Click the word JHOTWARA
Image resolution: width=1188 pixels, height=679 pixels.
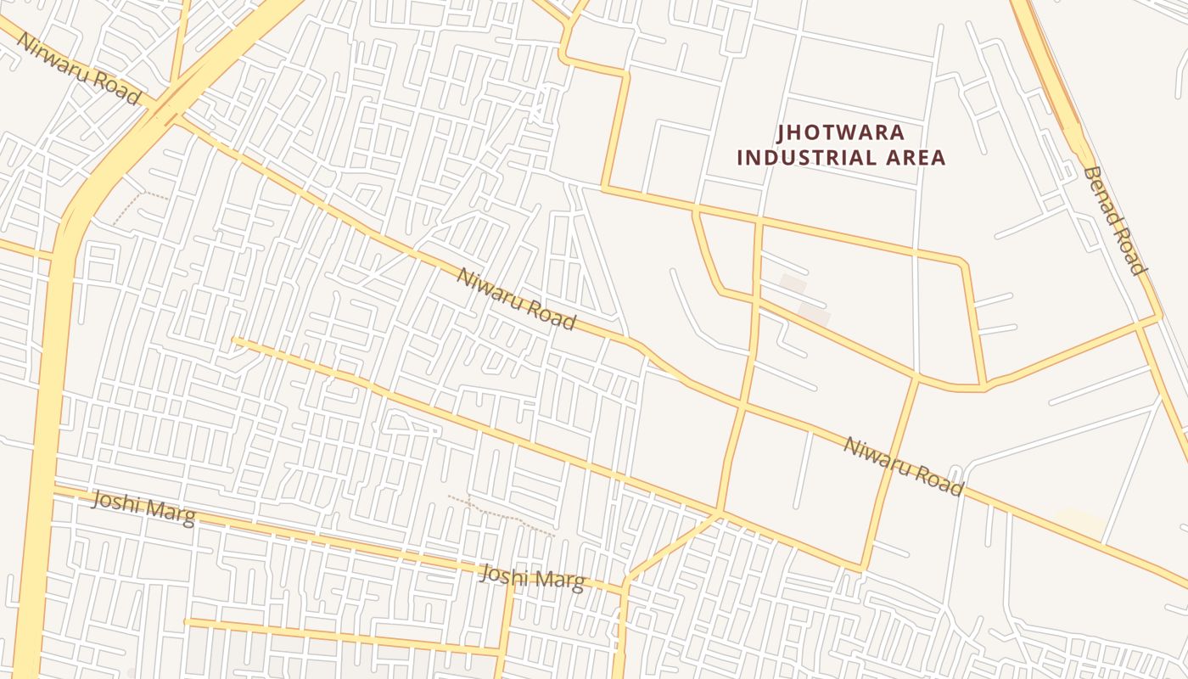[x=841, y=133]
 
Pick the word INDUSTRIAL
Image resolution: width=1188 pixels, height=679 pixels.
[x=806, y=158]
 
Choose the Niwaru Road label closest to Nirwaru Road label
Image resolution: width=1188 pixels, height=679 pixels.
[x=517, y=300]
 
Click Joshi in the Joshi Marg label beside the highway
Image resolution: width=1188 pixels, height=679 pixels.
[x=118, y=507]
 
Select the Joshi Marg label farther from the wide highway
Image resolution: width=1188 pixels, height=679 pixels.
[x=532, y=578]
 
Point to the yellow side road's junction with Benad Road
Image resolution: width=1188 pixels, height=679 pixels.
[x=1158, y=318]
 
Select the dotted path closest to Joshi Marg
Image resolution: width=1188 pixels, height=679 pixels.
[x=501, y=513]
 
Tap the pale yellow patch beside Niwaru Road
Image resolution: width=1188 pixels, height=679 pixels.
[x=1082, y=521]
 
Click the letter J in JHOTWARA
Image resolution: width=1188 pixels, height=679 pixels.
[x=782, y=133]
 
